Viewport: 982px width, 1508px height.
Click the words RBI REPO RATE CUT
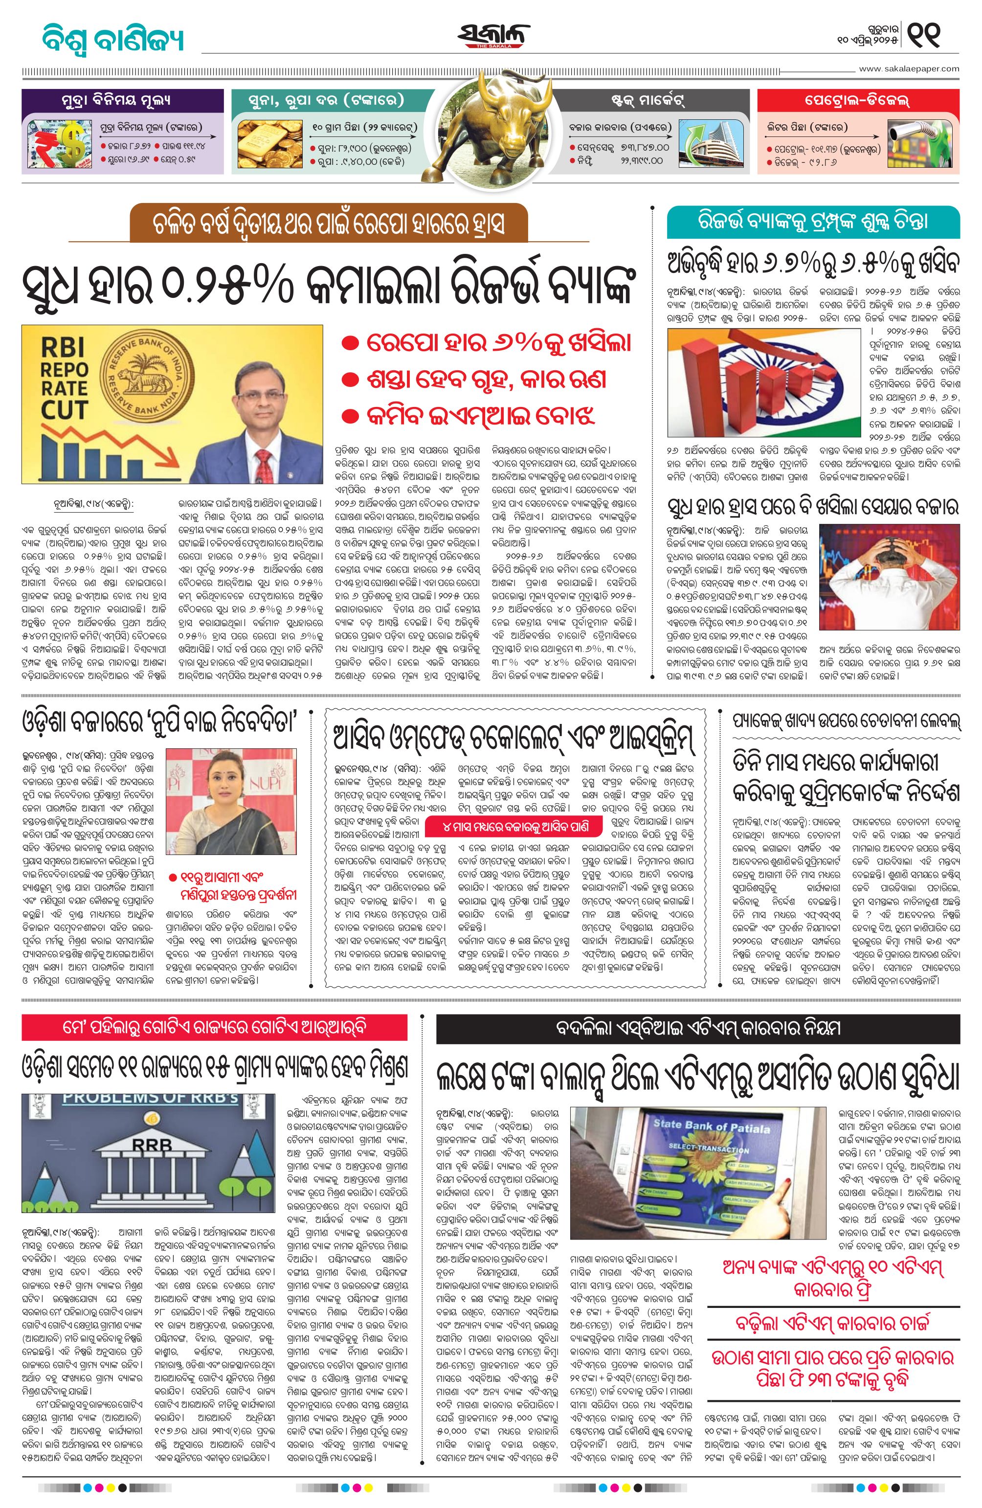(65, 378)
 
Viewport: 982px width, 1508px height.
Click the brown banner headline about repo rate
(329, 223)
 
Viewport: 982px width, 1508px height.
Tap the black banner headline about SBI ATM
(697, 1027)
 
